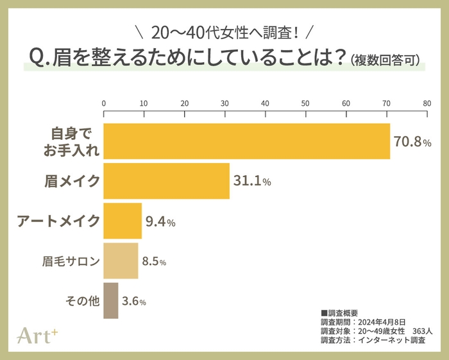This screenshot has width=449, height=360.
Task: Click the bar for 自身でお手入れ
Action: (247, 141)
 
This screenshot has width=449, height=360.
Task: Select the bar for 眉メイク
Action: (166, 182)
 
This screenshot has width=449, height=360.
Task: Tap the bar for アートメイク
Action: (123, 221)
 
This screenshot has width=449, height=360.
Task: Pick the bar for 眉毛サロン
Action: (121, 261)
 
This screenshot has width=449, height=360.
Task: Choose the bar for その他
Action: (110, 300)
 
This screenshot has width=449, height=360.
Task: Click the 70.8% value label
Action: (412, 142)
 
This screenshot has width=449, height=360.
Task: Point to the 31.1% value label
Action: (252, 182)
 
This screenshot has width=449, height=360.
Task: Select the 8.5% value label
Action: (155, 262)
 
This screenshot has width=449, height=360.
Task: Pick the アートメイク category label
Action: (58, 221)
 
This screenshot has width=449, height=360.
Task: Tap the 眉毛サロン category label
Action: (71, 261)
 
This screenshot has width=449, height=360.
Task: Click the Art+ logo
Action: (40, 335)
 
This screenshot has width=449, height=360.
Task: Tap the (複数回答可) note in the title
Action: (385, 61)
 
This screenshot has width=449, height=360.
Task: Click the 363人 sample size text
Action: (423, 330)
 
